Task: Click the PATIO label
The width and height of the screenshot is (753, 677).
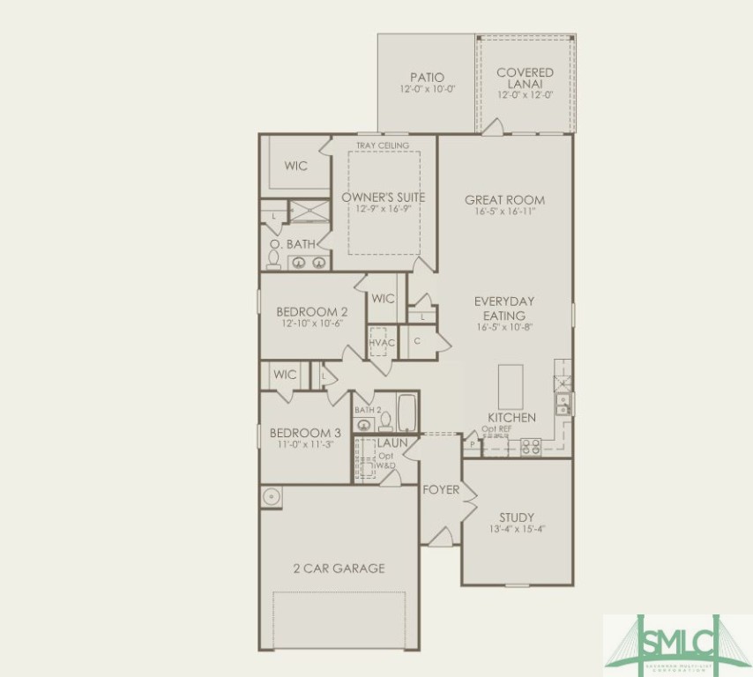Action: click(427, 78)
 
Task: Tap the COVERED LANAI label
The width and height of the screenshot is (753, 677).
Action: click(525, 78)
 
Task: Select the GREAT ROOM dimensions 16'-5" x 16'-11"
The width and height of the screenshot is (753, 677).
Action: click(505, 212)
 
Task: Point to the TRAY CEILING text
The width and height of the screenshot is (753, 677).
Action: click(383, 145)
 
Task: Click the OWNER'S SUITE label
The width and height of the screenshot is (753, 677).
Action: click(384, 197)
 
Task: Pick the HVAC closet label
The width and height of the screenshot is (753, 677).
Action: click(381, 342)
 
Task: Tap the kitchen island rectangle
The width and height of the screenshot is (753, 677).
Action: click(511, 386)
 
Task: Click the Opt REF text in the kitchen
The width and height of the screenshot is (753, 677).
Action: click(496, 429)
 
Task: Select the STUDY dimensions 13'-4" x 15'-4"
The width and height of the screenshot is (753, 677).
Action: click(517, 530)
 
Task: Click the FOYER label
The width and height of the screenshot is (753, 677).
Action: click(441, 489)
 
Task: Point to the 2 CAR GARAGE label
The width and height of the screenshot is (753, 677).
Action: click(339, 569)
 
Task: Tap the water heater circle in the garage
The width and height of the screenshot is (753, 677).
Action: click(271, 496)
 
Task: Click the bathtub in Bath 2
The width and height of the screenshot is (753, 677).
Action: click(406, 413)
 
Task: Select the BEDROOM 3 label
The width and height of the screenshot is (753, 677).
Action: click(305, 433)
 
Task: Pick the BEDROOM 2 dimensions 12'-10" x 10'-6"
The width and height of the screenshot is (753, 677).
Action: click(311, 324)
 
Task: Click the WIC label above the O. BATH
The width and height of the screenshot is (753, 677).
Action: click(296, 166)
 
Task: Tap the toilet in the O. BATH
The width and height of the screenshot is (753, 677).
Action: click(273, 260)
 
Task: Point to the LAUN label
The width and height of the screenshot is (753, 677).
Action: click(392, 443)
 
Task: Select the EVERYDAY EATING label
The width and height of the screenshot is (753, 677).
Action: click(504, 308)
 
